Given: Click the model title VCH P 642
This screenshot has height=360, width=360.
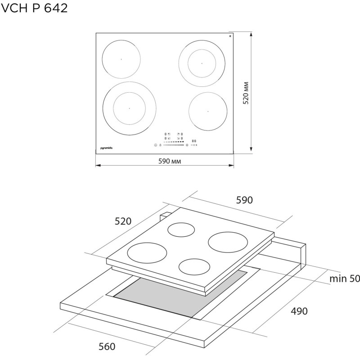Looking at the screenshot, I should (x=35, y=8).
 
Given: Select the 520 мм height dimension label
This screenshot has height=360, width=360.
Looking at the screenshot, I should (x=246, y=94).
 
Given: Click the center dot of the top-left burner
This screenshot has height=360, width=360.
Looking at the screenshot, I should (x=121, y=59).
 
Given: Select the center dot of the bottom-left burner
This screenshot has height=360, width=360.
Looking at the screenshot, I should (x=129, y=108).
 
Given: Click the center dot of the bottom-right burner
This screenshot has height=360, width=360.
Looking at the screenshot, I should (x=208, y=111).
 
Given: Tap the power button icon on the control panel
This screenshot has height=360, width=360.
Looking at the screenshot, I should (x=155, y=145).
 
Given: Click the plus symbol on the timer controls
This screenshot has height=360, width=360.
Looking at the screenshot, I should (x=197, y=145).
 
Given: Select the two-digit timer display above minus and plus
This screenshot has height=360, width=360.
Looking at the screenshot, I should (x=194, y=140).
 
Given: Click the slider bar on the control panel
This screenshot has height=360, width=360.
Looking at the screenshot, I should (x=174, y=145).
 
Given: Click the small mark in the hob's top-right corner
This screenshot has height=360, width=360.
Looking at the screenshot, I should (x=230, y=36).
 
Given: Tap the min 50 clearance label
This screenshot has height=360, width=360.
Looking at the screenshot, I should (x=344, y=279).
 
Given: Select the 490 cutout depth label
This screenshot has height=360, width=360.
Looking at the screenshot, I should (x=298, y=311).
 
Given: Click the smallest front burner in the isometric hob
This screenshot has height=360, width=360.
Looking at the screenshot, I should (x=195, y=266).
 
